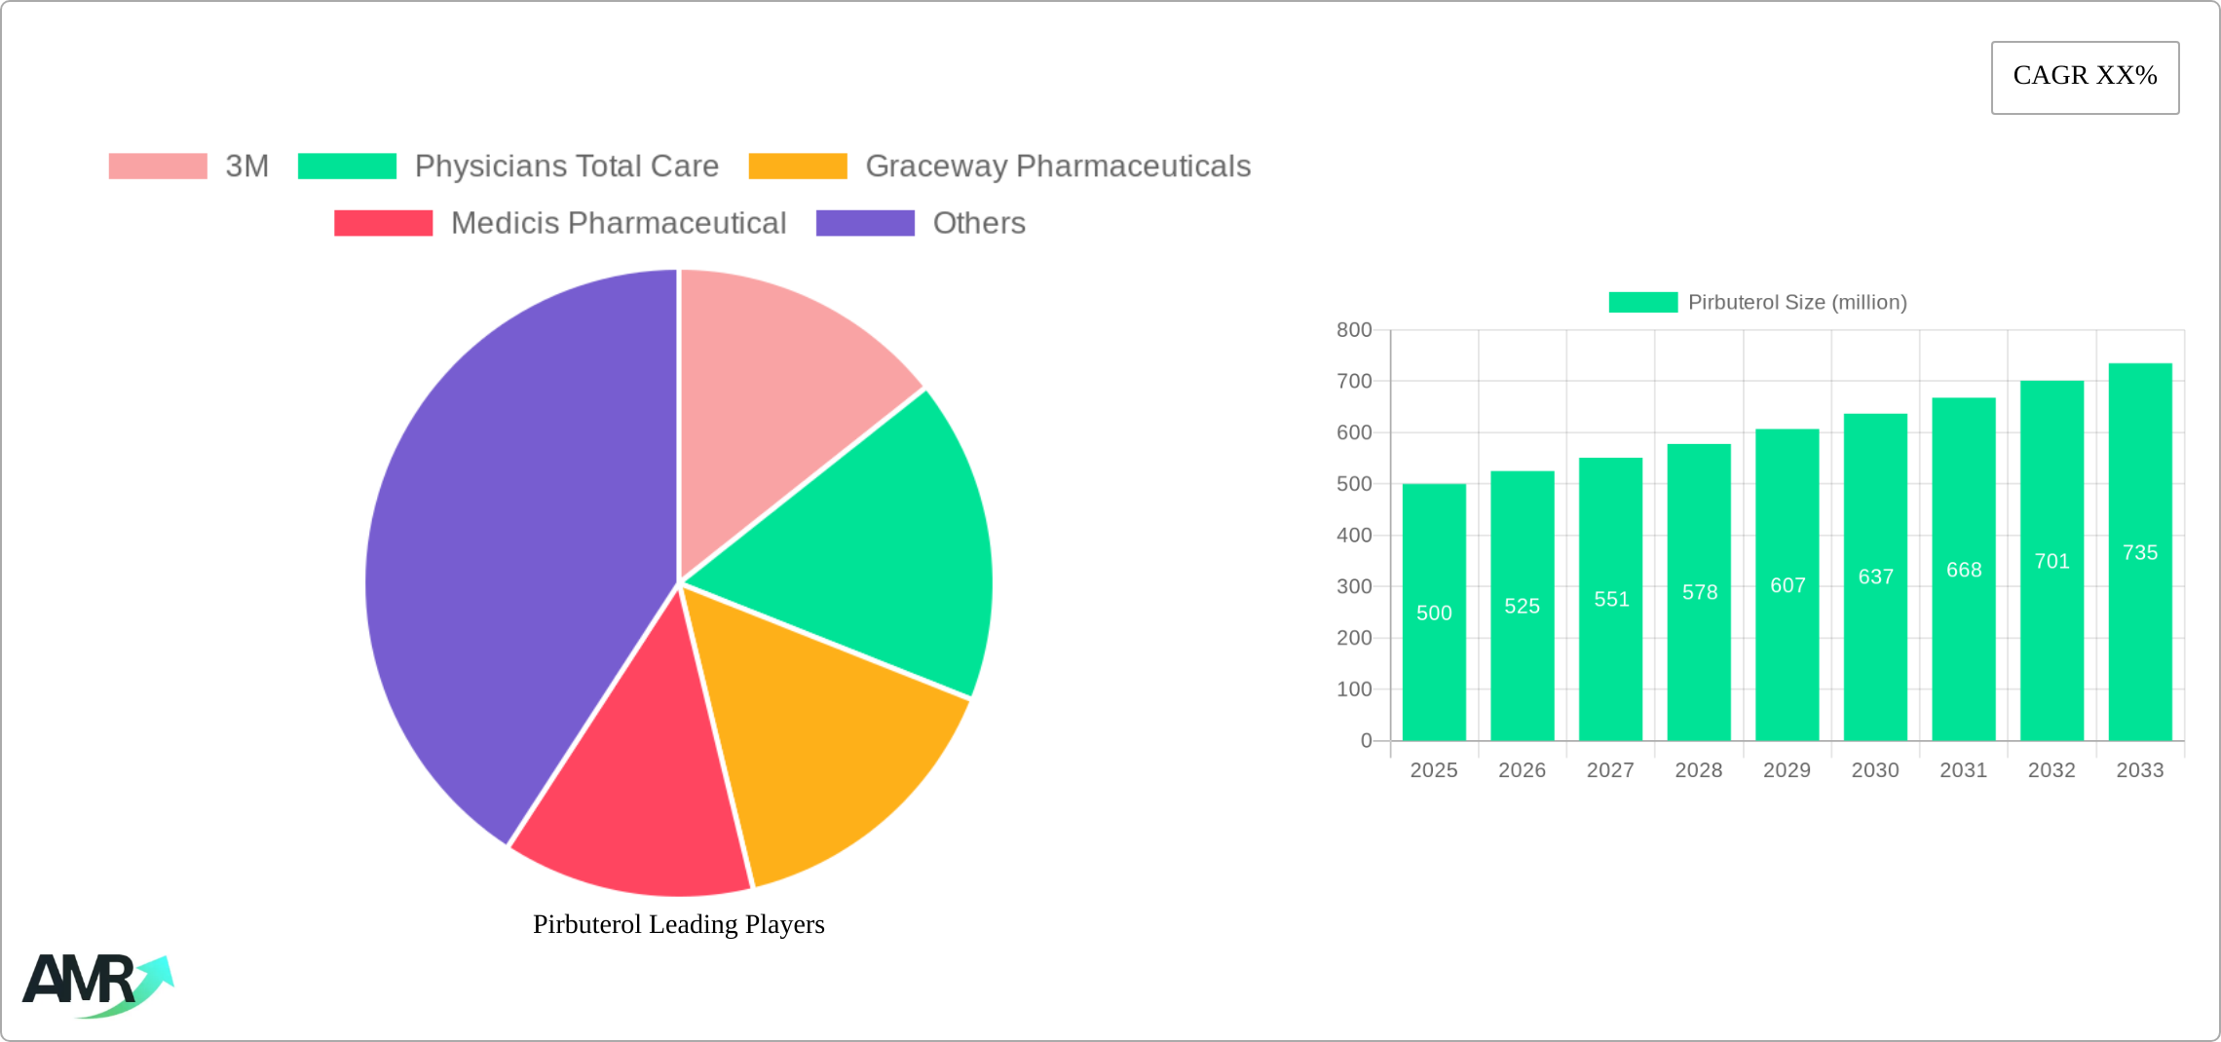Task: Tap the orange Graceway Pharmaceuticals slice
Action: [x=828, y=740]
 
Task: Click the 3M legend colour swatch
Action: [x=158, y=167]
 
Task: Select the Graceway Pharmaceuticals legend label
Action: [x=1058, y=167]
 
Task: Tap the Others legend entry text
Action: [x=979, y=223]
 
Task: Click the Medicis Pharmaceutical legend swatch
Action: [x=383, y=223]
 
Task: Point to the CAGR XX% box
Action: [x=2085, y=77]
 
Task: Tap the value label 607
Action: [x=1788, y=585]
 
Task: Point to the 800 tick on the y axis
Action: [x=1354, y=330]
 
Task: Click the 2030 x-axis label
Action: [x=1875, y=770]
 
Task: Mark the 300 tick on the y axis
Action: [x=1354, y=586]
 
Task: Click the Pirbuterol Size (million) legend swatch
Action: [x=1643, y=302]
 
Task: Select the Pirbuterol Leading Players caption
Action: [x=679, y=924]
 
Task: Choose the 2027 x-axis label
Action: [x=1610, y=770]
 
